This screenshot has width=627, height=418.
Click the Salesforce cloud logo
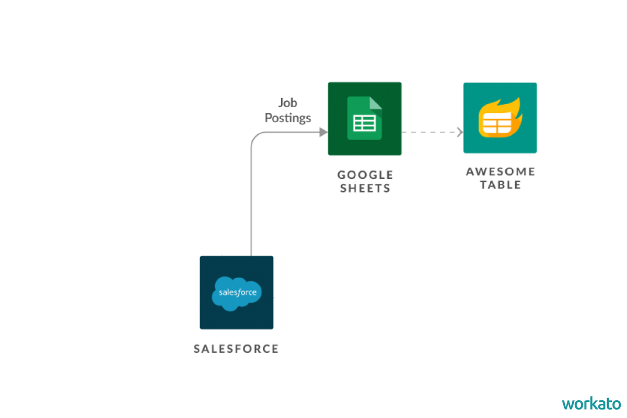click(x=236, y=293)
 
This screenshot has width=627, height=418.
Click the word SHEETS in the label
click(x=365, y=188)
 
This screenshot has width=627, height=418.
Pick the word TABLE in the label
click(x=500, y=184)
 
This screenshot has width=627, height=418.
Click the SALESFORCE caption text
click(x=236, y=349)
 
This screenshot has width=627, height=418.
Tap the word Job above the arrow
click(x=287, y=102)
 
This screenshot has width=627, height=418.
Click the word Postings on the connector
click(x=287, y=118)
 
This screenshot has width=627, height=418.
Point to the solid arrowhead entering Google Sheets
click(x=323, y=132)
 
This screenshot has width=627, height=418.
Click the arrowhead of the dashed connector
click(x=460, y=132)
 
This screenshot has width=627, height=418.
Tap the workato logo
click(x=591, y=403)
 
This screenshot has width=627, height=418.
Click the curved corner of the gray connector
click(x=255, y=137)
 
